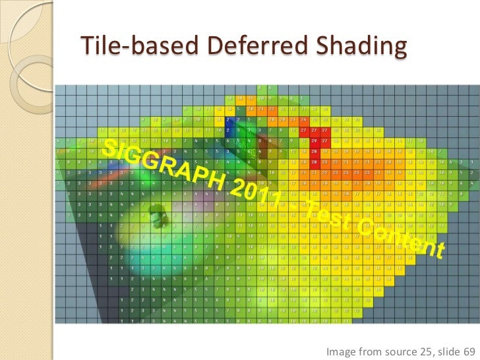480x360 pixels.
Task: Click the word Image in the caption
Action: (342, 352)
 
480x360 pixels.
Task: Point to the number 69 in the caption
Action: (471, 352)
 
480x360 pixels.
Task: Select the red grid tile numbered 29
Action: (315, 140)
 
